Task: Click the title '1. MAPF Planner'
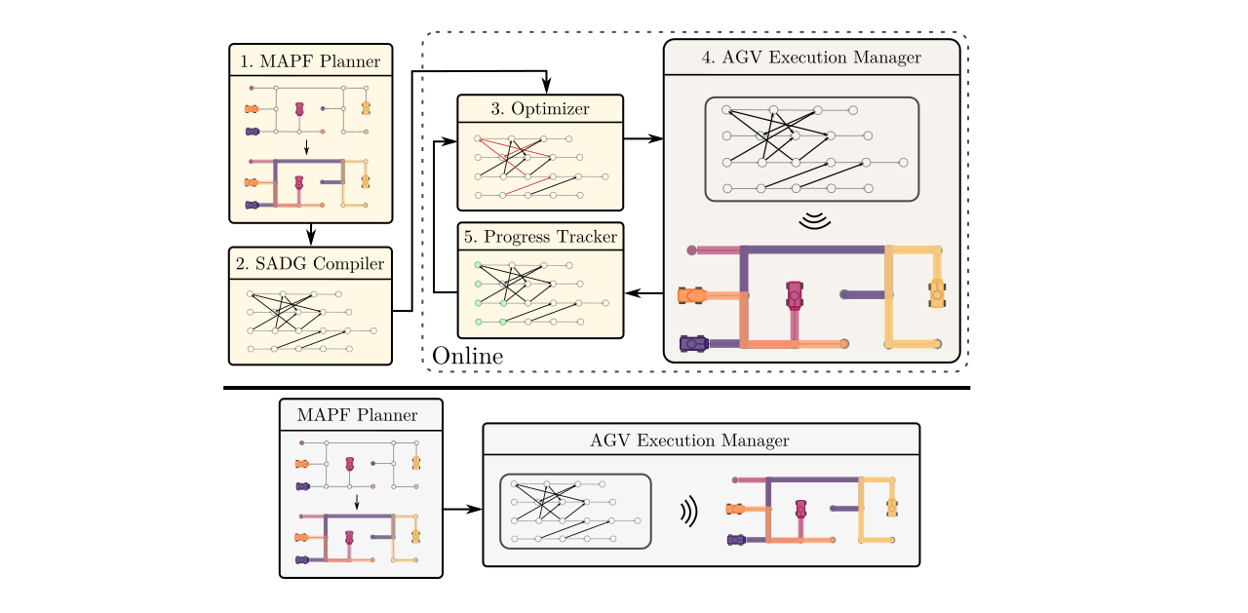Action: click(310, 61)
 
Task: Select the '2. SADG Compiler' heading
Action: click(310, 264)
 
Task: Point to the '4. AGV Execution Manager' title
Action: click(811, 57)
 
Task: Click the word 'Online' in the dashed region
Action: click(468, 356)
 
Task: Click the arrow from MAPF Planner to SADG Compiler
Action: click(310, 235)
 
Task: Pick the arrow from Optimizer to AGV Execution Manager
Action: click(643, 138)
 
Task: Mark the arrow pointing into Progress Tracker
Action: click(638, 292)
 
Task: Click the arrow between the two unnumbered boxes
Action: click(463, 509)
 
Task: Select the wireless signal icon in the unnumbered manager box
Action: click(688, 512)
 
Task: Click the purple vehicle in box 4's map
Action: click(693, 343)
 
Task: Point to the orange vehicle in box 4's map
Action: click(693, 294)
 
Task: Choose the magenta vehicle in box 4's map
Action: click(796, 293)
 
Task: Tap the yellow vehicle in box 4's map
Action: click(937, 291)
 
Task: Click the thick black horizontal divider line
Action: click(597, 388)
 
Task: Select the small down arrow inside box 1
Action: click(307, 148)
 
